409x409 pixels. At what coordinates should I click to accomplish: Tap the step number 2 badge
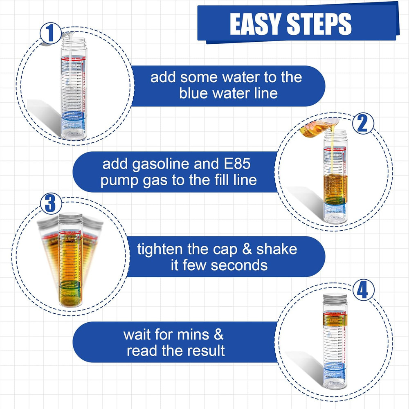pyautogui.click(x=362, y=124)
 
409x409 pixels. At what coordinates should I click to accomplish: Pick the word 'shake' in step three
pyautogui.click(x=278, y=249)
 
